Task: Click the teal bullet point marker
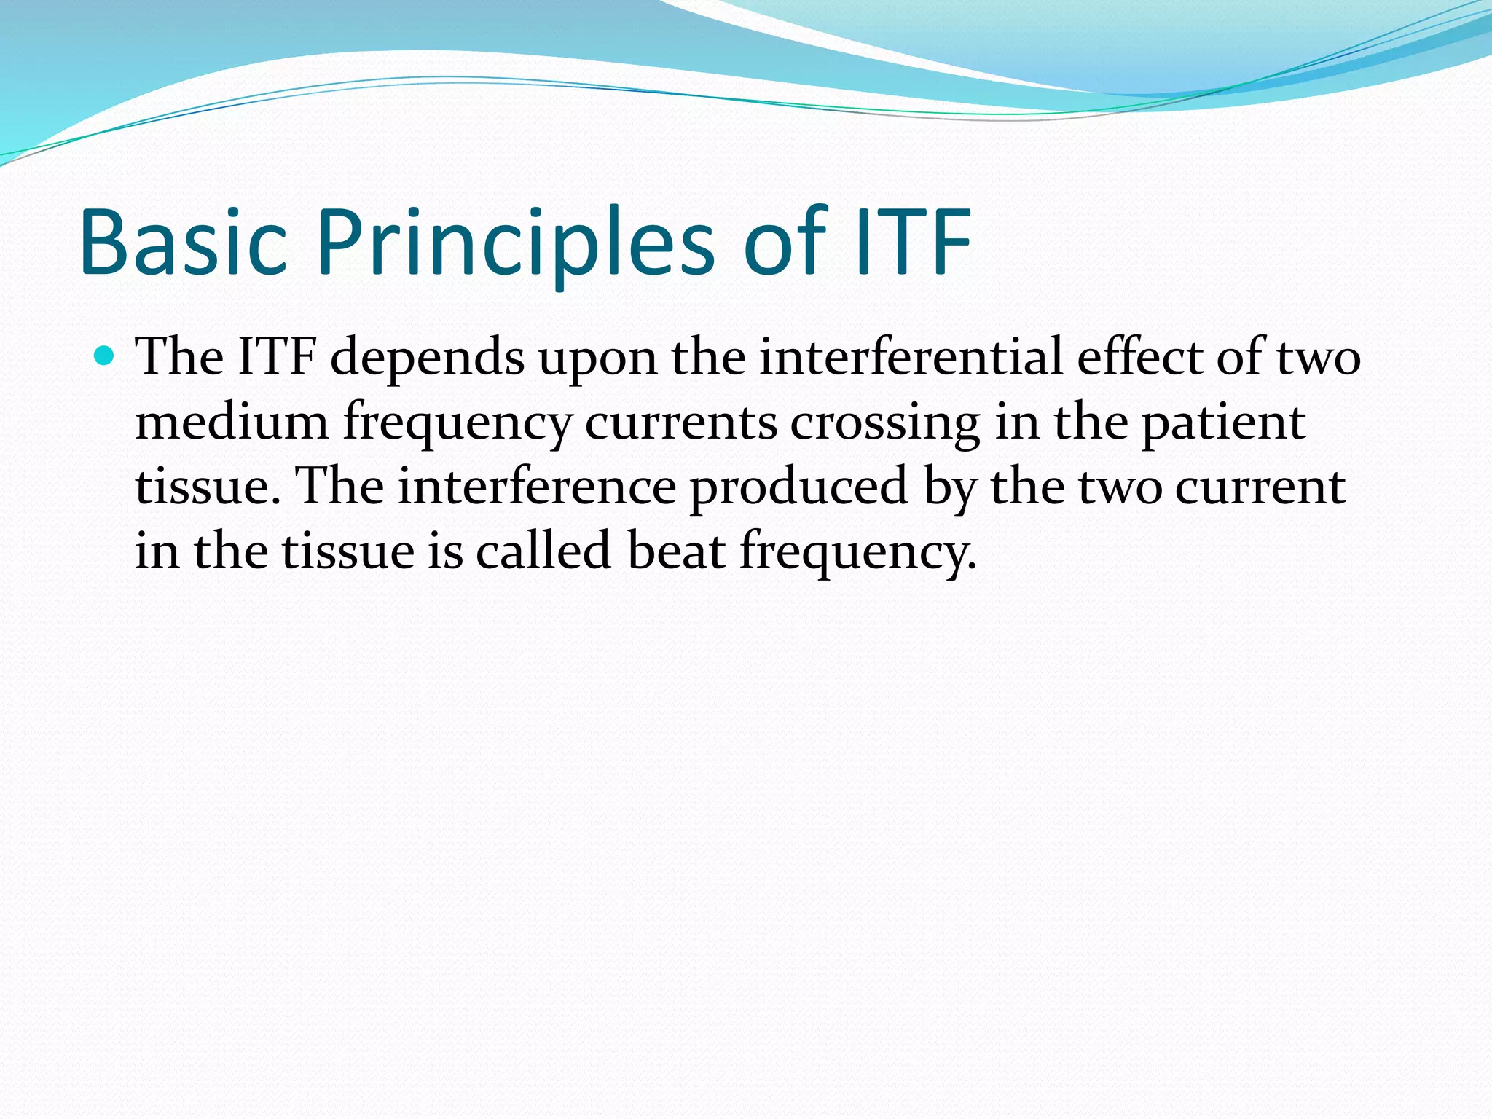[x=106, y=356]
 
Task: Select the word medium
[x=232, y=423]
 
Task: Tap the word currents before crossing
[x=680, y=423]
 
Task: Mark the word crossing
[x=885, y=423]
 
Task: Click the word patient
[x=1223, y=423]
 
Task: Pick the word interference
[x=537, y=487]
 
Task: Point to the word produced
[x=798, y=487]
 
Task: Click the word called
[x=543, y=551]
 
